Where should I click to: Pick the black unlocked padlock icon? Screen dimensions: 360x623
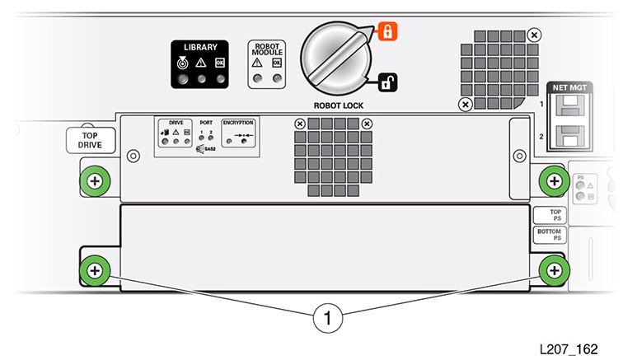[387, 82]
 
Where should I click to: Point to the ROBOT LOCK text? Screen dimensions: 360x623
[339, 105]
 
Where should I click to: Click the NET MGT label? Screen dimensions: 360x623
[566, 86]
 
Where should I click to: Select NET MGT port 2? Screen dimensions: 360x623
[567, 135]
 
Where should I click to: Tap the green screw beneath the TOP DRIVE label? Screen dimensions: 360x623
[95, 180]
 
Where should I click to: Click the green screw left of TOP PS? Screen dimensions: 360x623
[553, 180]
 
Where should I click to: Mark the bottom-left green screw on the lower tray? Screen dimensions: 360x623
[95, 269]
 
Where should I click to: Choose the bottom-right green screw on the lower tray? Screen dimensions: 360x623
[553, 269]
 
